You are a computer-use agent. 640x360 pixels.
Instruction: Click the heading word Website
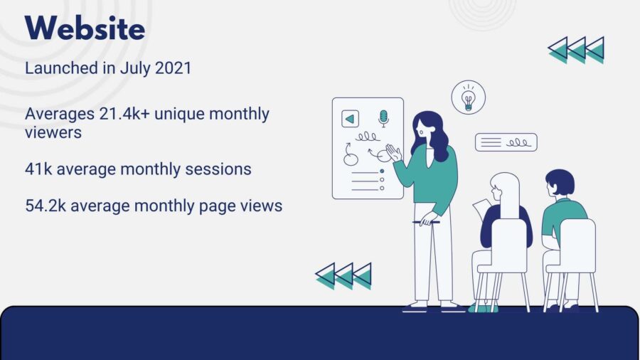pos(85,28)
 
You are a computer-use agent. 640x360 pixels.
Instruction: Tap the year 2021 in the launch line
pos(173,68)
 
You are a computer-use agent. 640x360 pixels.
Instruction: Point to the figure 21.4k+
pos(124,113)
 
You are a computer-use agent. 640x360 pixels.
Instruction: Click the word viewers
pos(53,132)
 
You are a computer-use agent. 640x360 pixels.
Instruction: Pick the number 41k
pos(38,169)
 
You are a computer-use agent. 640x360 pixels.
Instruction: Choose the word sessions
pos(218,169)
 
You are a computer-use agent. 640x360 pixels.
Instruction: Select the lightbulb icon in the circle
pos(468,97)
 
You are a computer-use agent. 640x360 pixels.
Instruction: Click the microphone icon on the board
pos(383,118)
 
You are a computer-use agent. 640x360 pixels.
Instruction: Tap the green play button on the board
pos(350,119)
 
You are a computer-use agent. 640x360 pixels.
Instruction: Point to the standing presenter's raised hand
pos(394,153)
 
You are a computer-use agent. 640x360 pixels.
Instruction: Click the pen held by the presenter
pos(426,223)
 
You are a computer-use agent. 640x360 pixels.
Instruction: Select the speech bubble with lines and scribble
pos(506,142)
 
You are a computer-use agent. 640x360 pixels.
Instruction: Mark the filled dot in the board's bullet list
pos(382,171)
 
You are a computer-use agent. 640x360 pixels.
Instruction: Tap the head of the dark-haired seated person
pos(560,183)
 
